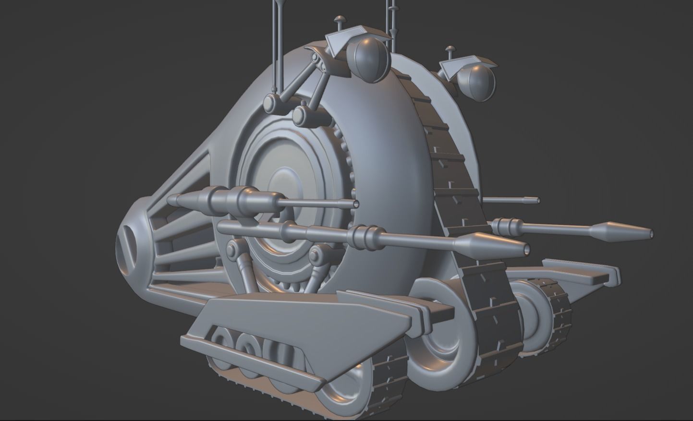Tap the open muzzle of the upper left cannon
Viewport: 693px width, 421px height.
[356, 204]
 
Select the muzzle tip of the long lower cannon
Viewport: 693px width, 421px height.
[526, 249]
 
